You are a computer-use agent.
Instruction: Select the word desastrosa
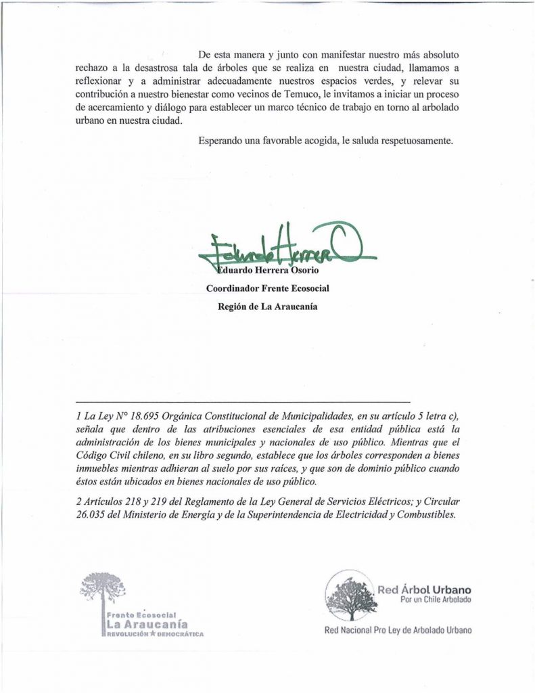point(149,68)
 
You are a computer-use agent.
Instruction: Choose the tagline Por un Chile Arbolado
point(435,601)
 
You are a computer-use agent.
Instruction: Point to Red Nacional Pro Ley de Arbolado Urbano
point(398,630)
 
